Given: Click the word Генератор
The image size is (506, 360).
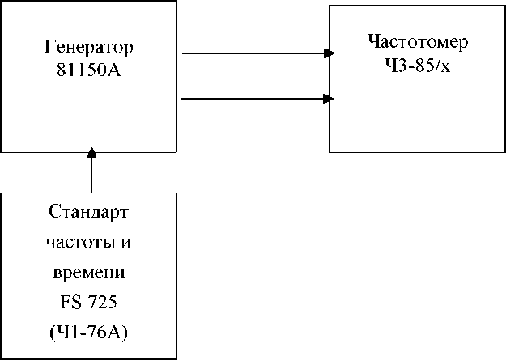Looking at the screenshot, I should pyautogui.click(x=88, y=46).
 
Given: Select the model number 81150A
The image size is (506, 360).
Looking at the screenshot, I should pyautogui.click(x=88, y=70).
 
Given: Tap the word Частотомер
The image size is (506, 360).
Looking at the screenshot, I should pyautogui.click(x=417, y=41).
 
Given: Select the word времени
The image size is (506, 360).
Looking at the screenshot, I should pyautogui.click(x=89, y=272).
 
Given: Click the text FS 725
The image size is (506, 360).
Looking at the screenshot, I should pyautogui.click(x=89, y=301).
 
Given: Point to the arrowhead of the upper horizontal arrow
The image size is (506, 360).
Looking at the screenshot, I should pyautogui.click(x=330, y=54).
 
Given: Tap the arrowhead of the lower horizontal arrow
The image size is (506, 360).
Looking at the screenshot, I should pyautogui.click(x=330, y=99).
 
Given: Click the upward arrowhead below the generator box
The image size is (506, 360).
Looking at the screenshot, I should pyautogui.click(x=91, y=152).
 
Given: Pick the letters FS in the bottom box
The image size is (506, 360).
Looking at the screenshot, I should pyautogui.click(x=70, y=301).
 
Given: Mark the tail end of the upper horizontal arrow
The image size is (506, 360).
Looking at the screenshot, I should pyautogui.click(x=185, y=54).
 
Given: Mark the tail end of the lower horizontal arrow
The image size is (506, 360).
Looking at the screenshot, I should pyautogui.click(x=185, y=99).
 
